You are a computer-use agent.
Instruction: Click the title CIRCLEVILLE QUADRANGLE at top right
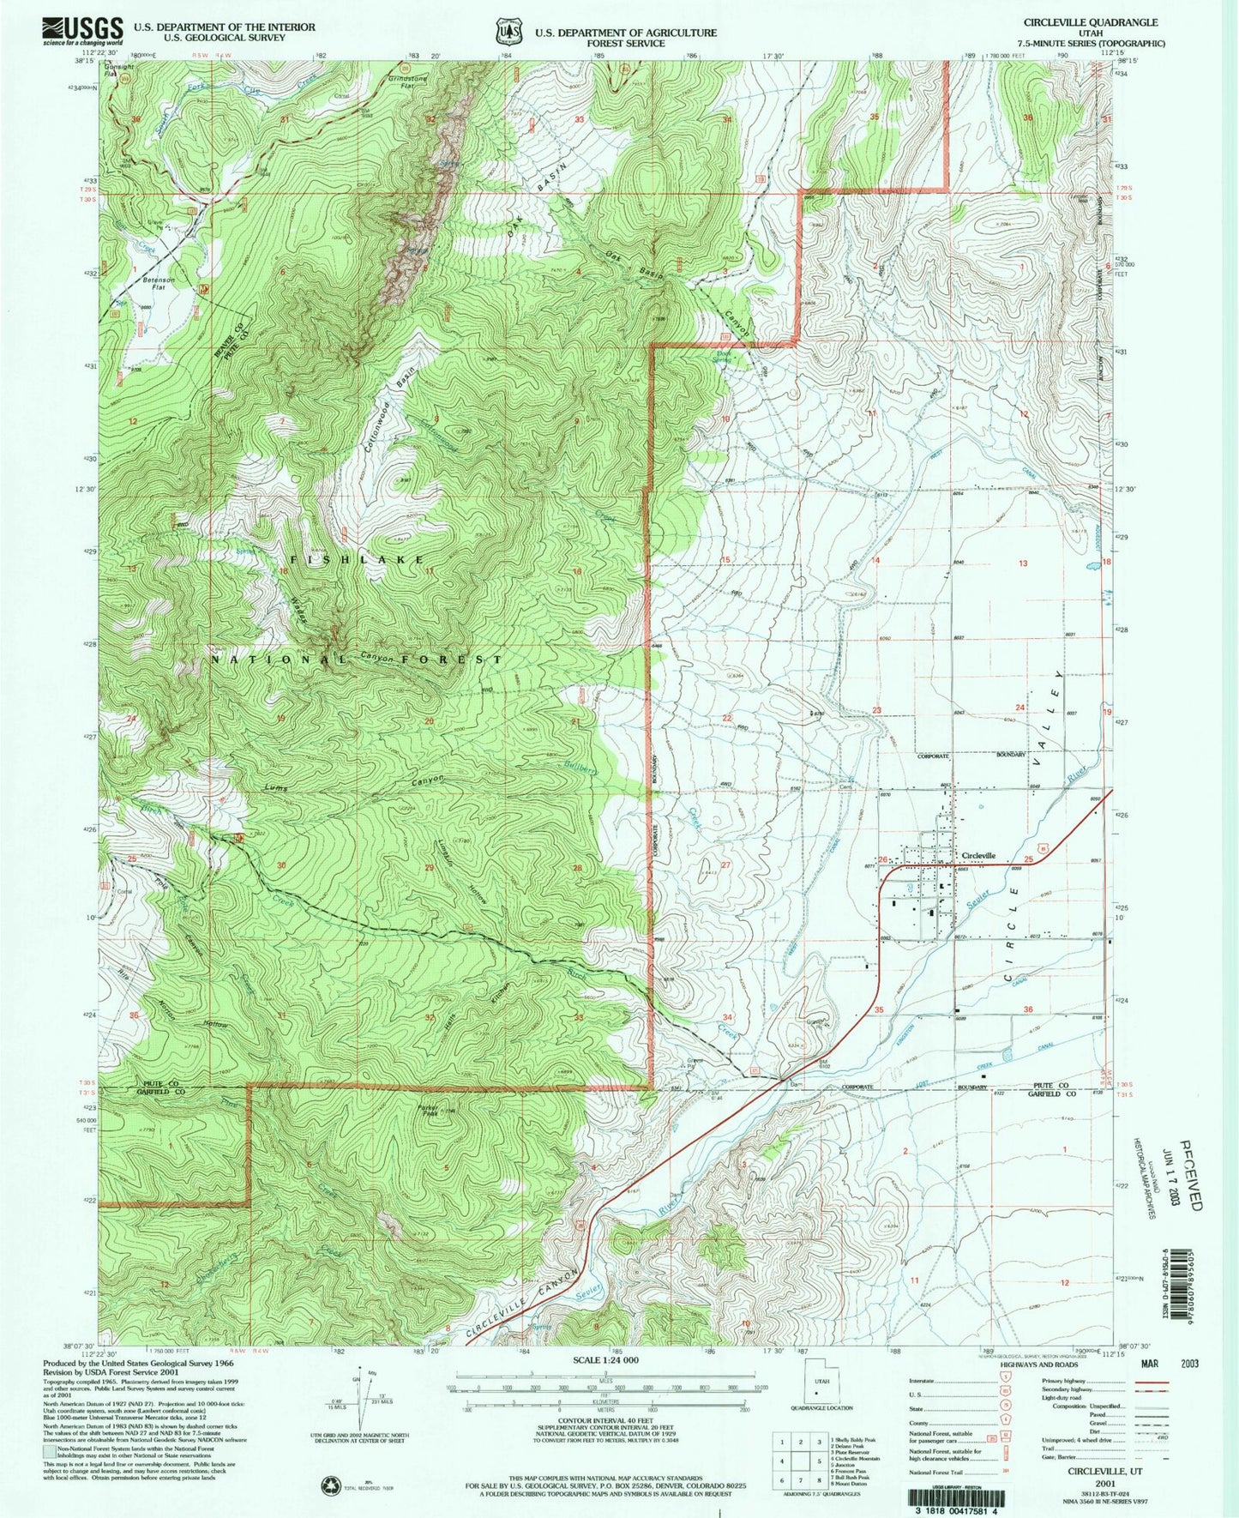click(x=1089, y=23)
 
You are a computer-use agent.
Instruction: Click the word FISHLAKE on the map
click(x=358, y=559)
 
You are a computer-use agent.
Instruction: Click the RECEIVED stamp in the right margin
click(x=1192, y=1175)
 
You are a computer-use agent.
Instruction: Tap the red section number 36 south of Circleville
click(x=1028, y=1009)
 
